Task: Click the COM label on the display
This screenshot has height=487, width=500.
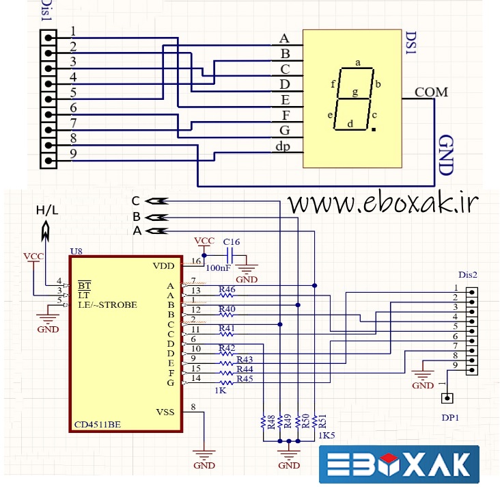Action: [431, 91]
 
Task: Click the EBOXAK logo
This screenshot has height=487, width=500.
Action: [399, 465]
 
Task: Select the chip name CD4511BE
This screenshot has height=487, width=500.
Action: [98, 424]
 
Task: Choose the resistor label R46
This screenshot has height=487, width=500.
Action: [227, 290]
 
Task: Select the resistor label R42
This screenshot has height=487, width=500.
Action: [227, 348]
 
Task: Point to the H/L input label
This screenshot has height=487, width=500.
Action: [47, 211]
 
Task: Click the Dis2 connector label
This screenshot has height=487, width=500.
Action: [467, 275]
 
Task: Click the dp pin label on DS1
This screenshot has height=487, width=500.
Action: [283, 146]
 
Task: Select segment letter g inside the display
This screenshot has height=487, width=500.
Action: [355, 92]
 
